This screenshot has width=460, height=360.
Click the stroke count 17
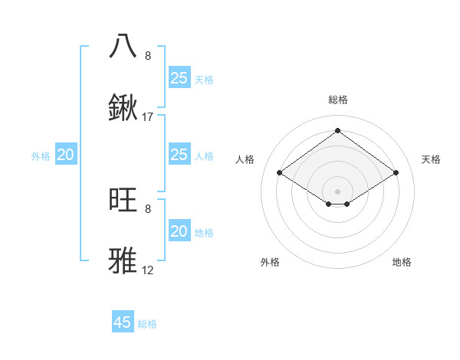point(148,117)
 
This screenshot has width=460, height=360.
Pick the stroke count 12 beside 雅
point(148,270)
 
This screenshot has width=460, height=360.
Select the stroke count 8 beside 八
point(148,56)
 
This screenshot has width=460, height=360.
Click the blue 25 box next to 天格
point(179,78)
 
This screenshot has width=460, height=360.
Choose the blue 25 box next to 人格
point(179,155)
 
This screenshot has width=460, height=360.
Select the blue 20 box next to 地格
point(179,231)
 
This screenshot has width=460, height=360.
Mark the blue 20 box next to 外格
point(66,155)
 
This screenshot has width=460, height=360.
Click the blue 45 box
point(123,322)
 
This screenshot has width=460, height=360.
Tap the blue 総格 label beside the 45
point(147,324)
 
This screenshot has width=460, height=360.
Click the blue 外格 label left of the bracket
point(41,156)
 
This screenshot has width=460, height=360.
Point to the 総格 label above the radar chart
point(337,100)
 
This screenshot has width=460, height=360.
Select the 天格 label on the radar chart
point(431,159)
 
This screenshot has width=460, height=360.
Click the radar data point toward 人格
point(280,173)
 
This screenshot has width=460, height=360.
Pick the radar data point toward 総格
point(337,130)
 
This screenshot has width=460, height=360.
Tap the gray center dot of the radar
point(337,191)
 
